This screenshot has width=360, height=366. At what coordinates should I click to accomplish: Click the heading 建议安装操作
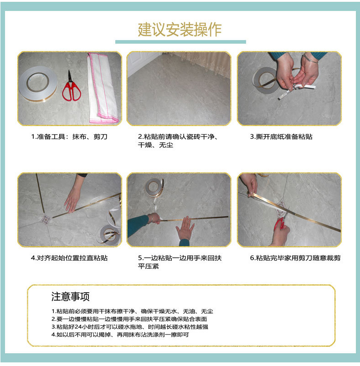click(x=180, y=29)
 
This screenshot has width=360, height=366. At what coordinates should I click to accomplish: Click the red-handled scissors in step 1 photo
click(x=71, y=87)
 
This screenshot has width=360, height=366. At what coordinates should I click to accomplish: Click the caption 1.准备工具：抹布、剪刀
click(x=69, y=137)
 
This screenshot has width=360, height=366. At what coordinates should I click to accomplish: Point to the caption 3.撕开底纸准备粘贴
click(x=281, y=137)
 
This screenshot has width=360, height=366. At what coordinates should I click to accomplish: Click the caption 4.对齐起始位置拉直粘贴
click(x=69, y=258)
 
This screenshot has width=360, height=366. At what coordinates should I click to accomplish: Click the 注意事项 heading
click(x=71, y=297)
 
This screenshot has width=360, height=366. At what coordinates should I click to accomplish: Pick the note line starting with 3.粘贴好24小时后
click(x=130, y=326)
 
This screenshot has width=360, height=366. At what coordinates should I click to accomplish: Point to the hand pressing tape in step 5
click(x=185, y=228)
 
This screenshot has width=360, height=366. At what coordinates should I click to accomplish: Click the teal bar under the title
click(x=180, y=42)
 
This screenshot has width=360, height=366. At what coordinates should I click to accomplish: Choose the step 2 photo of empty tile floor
click(x=179, y=88)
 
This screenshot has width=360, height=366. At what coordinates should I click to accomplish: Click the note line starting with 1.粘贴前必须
click(x=132, y=311)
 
